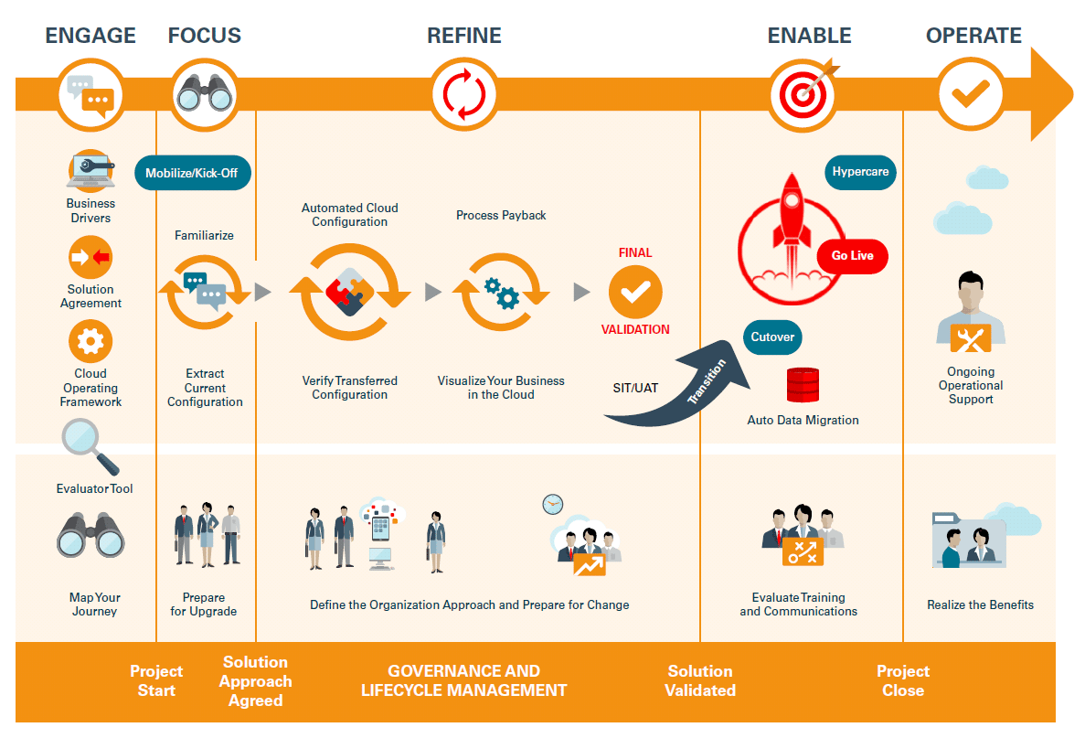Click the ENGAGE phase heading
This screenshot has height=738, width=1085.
pos(90,36)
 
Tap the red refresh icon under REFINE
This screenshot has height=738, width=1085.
pos(464,94)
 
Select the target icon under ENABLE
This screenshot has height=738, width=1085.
pos(804,94)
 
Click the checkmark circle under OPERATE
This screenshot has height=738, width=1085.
pos(971,94)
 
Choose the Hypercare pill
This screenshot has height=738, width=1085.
pos(860,172)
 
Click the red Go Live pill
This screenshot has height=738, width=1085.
pos(853,255)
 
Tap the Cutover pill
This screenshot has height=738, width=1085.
pos(772,337)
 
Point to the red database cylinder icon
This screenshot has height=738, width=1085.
pos(803,385)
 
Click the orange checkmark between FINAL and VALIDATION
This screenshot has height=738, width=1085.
pos(635,292)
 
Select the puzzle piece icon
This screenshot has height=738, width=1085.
pos(349,292)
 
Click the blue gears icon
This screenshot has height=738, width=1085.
pos(502,293)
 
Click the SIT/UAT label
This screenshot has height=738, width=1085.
pos(635,388)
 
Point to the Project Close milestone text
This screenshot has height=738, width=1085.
pos(903,680)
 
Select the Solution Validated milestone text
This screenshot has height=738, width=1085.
pos(700,680)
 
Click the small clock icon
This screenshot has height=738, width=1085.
pos(553,504)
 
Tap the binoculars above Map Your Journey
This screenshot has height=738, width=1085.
pos(90,535)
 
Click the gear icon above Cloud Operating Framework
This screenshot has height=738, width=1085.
pos(90,341)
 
